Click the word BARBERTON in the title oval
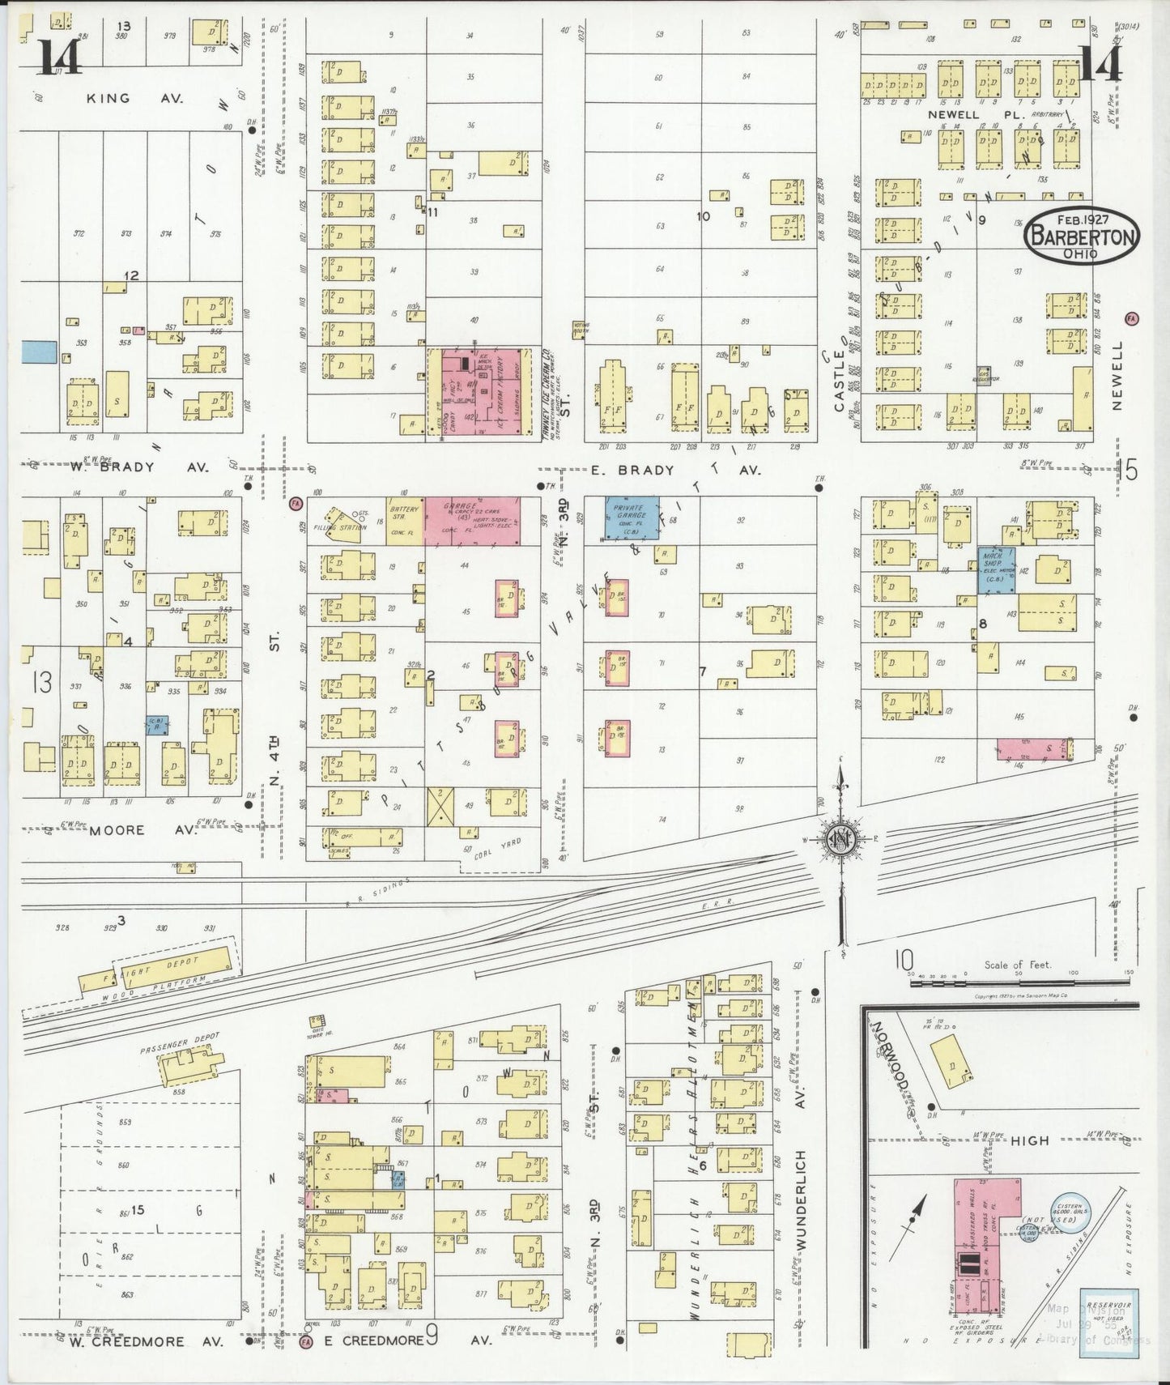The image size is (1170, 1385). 1081,237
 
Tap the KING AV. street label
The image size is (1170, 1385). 135,98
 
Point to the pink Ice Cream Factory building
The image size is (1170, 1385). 484,392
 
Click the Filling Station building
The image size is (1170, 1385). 344,520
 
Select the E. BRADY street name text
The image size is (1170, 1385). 622,470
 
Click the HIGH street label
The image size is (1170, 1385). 1030,1140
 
